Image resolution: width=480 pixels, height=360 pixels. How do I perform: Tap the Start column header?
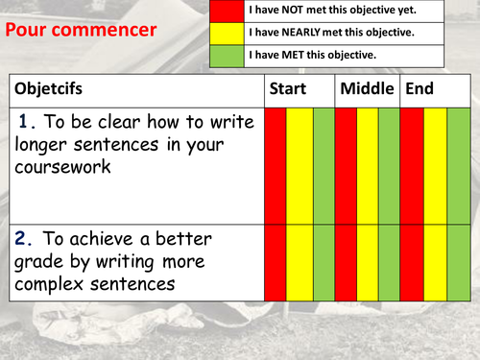tap(288, 89)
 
